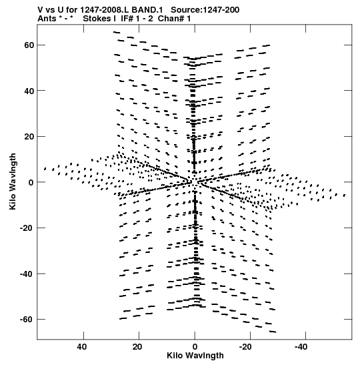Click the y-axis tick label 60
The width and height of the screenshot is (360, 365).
click(x=29, y=45)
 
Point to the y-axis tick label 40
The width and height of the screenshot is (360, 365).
click(x=29, y=91)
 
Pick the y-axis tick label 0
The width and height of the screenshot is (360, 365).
click(x=31, y=182)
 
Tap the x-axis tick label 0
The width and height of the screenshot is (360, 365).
click(x=195, y=347)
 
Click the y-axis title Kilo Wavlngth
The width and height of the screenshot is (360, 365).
click(x=13, y=181)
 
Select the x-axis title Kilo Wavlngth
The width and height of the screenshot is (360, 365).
click(x=195, y=356)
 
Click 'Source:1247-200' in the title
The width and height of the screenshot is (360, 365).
click(x=205, y=10)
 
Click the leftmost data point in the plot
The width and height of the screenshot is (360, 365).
click(x=45, y=169)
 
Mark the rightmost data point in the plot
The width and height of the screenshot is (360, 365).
click(x=345, y=196)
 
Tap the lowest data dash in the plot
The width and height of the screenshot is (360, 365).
click(x=273, y=332)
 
